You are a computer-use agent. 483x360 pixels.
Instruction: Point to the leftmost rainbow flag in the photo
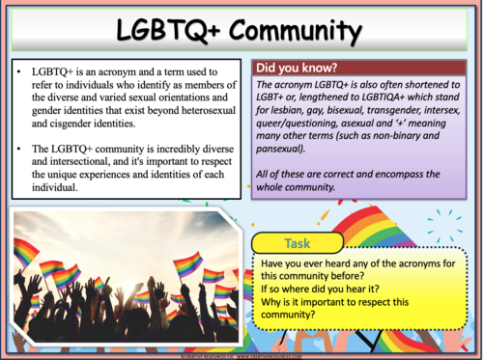[27, 254]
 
